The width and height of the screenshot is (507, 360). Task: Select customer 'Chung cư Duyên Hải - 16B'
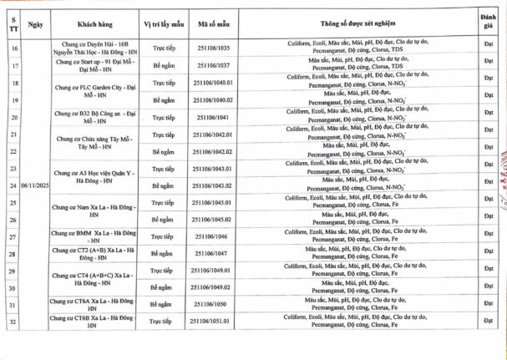click(x=88, y=43)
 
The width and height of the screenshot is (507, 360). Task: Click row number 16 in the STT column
click(x=14, y=48)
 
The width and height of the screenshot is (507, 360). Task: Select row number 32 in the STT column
click(x=14, y=322)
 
